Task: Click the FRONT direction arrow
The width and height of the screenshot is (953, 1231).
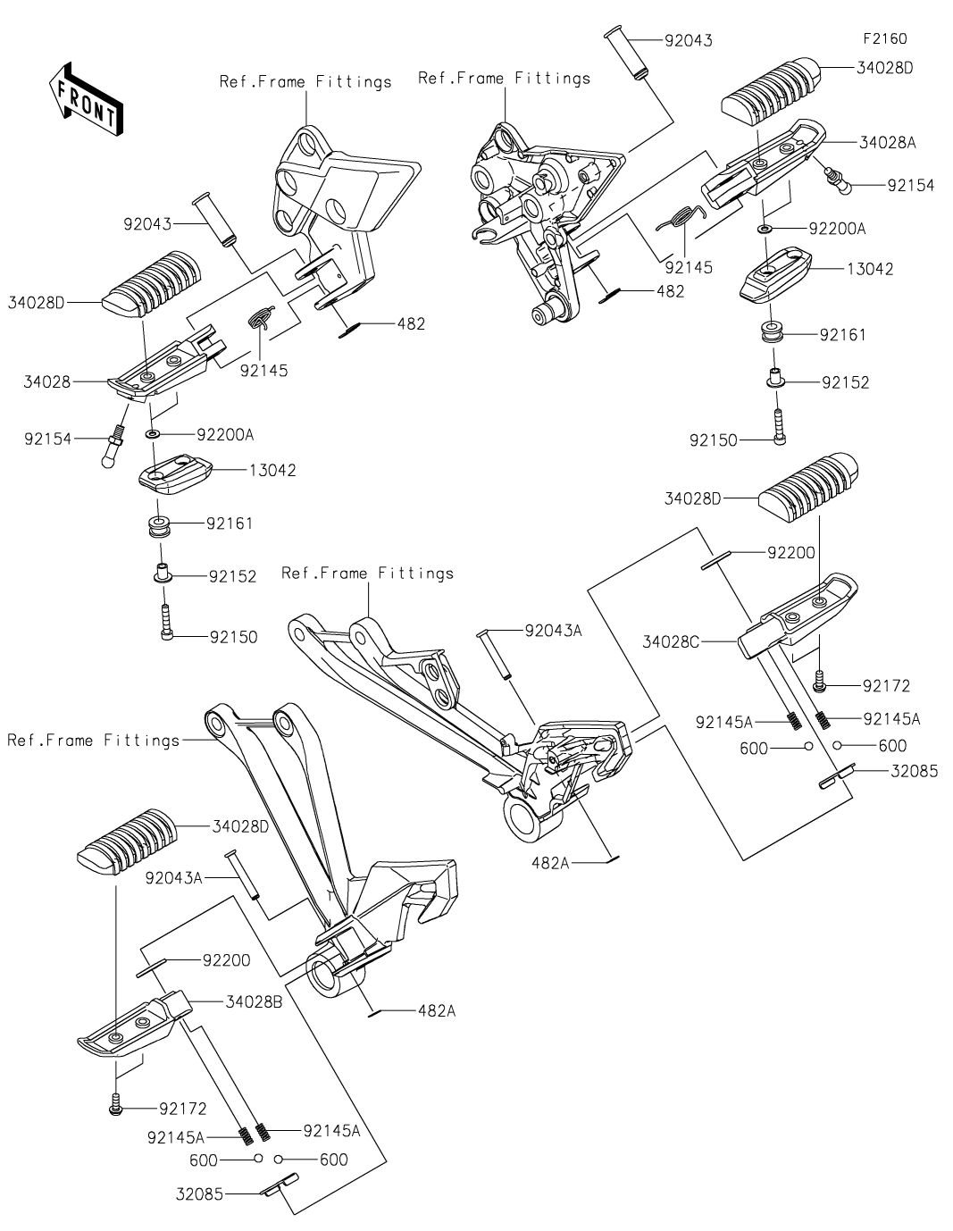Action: click(x=86, y=100)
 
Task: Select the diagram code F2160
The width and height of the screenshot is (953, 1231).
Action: click(x=884, y=39)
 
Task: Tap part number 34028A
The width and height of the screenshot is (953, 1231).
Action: click(x=888, y=142)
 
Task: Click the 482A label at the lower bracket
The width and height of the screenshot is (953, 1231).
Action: click(x=436, y=1010)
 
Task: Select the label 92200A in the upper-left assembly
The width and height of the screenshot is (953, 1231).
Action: click(x=225, y=435)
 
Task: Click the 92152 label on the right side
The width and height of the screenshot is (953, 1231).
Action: click(x=845, y=382)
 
